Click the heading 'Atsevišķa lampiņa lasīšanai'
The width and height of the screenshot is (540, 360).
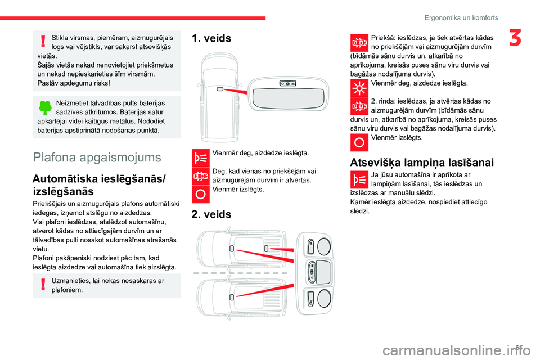[x=422, y=163]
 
